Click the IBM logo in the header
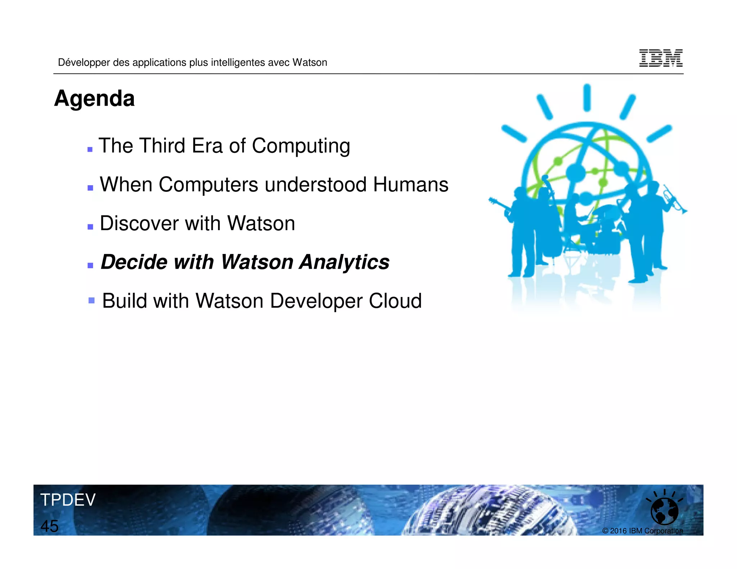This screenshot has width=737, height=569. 661,58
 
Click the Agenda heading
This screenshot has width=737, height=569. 94,99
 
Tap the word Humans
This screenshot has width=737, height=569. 411,185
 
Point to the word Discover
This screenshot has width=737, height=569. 139,223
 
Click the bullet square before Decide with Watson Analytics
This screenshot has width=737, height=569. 90,265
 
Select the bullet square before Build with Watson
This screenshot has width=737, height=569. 91,300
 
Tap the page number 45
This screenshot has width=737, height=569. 49,526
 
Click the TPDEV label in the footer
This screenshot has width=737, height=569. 68,500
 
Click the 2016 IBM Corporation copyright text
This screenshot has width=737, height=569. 642,531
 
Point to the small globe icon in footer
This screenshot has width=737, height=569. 664,511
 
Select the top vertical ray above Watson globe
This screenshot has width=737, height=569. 587,97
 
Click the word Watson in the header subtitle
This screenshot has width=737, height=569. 309,63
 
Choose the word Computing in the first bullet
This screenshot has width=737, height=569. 301,146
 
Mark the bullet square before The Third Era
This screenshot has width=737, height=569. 90,149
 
